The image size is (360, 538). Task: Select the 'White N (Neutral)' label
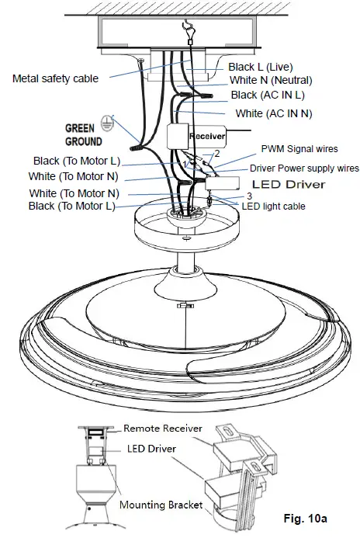point(272,81)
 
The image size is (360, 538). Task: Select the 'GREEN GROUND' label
point(83,136)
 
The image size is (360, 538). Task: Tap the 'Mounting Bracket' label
point(161,505)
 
